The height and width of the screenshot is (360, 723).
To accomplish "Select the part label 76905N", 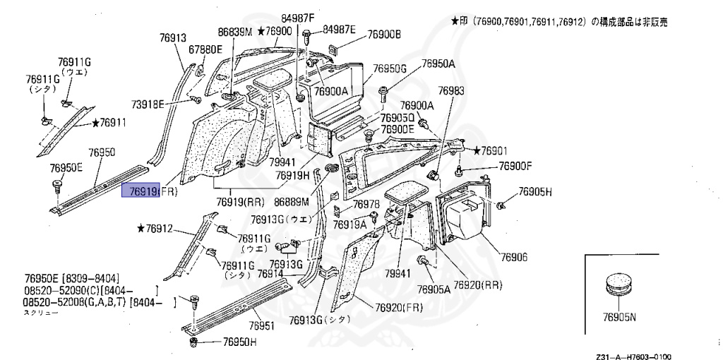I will coord(619,318).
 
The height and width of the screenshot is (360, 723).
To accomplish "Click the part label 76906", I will coord(514,257).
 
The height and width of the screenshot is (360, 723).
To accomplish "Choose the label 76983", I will coord(451,90).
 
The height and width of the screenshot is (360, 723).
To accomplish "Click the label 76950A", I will coord(438,64).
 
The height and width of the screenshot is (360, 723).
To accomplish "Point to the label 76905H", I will coord(535,192).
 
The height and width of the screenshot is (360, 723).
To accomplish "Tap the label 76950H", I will coord(240,342).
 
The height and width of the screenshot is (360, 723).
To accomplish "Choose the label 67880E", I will coord(205,49).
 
